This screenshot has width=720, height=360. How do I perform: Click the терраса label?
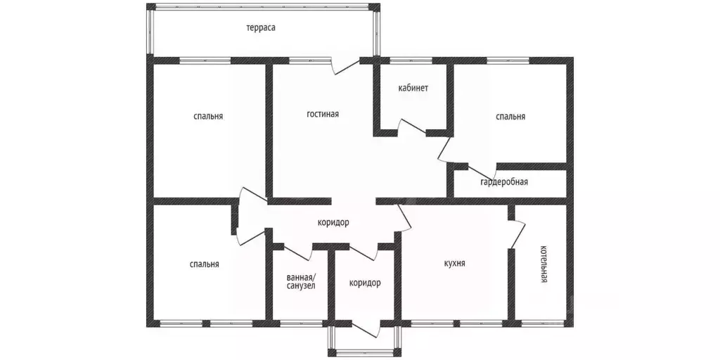coord(260,28)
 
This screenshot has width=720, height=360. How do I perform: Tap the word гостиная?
coord(323,114)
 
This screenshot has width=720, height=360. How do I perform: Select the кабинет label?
coord(413,88)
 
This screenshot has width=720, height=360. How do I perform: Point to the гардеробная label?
coord(504,182)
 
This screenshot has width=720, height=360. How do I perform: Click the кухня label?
coord(455,264)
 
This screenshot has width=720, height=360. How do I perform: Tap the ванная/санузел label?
coord(301,281)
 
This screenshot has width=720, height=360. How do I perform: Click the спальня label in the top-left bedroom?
coord(208,116)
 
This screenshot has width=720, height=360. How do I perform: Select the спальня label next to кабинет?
coord(510,117)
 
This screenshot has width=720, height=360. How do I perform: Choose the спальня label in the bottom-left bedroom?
coord(205,264)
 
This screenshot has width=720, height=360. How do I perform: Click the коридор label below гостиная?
coord(333,223)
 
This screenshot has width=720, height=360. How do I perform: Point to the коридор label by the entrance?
coord(365,283)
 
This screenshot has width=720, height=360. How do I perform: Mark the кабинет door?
coord(412,127)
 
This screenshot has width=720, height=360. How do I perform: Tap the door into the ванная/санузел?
coord(298,253)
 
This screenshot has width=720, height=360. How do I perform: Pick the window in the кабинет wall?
coord(411,60)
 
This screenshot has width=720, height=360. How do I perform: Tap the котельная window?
coord(544,323)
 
